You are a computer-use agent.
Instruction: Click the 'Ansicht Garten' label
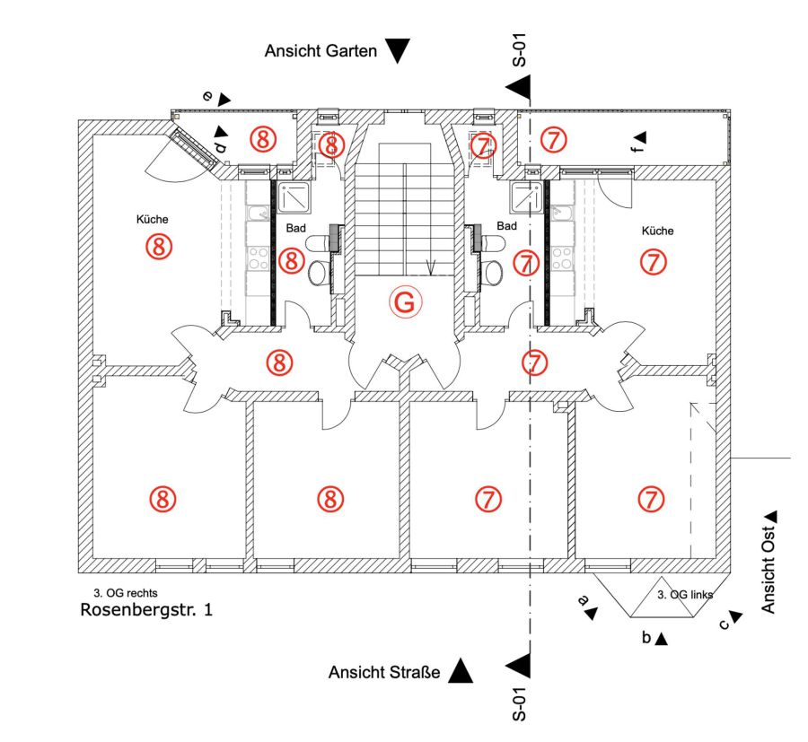321,51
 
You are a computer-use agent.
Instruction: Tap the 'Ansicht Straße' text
384,673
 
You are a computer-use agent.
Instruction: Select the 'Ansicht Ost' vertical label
768,570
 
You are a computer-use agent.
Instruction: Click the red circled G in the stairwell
405,302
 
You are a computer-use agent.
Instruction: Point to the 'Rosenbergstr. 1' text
146,610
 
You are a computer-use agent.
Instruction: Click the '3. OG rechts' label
125,593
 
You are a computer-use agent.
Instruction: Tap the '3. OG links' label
685,595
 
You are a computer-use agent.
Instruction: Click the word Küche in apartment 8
152,219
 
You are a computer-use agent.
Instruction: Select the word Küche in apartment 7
657,231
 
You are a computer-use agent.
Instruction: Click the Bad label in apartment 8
295,228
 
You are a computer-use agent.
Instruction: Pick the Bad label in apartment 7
506,226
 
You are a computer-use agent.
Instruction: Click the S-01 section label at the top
520,50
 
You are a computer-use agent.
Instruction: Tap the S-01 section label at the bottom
520,704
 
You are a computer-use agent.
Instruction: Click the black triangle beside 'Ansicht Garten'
398,50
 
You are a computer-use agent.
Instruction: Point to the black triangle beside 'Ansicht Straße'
461,671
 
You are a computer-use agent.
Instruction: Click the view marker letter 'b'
646,637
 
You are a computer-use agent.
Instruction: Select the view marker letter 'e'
207,96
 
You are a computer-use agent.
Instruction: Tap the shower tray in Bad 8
294,197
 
